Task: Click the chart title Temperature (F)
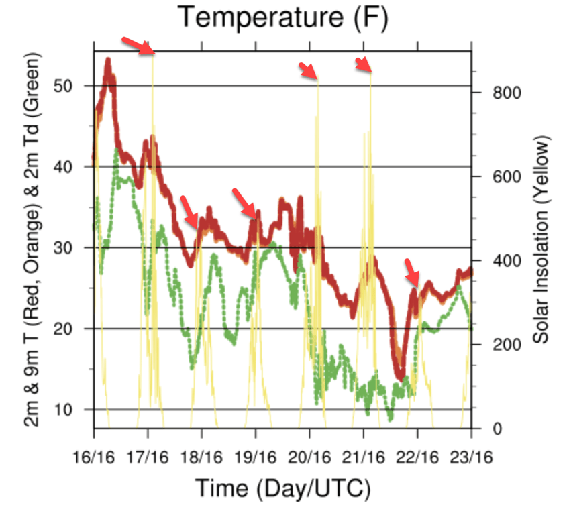(282, 18)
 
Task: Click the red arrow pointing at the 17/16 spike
(138, 46)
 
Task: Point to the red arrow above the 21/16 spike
(363, 64)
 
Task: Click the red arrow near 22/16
(412, 272)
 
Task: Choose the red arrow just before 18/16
(189, 211)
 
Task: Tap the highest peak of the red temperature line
(108, 62)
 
